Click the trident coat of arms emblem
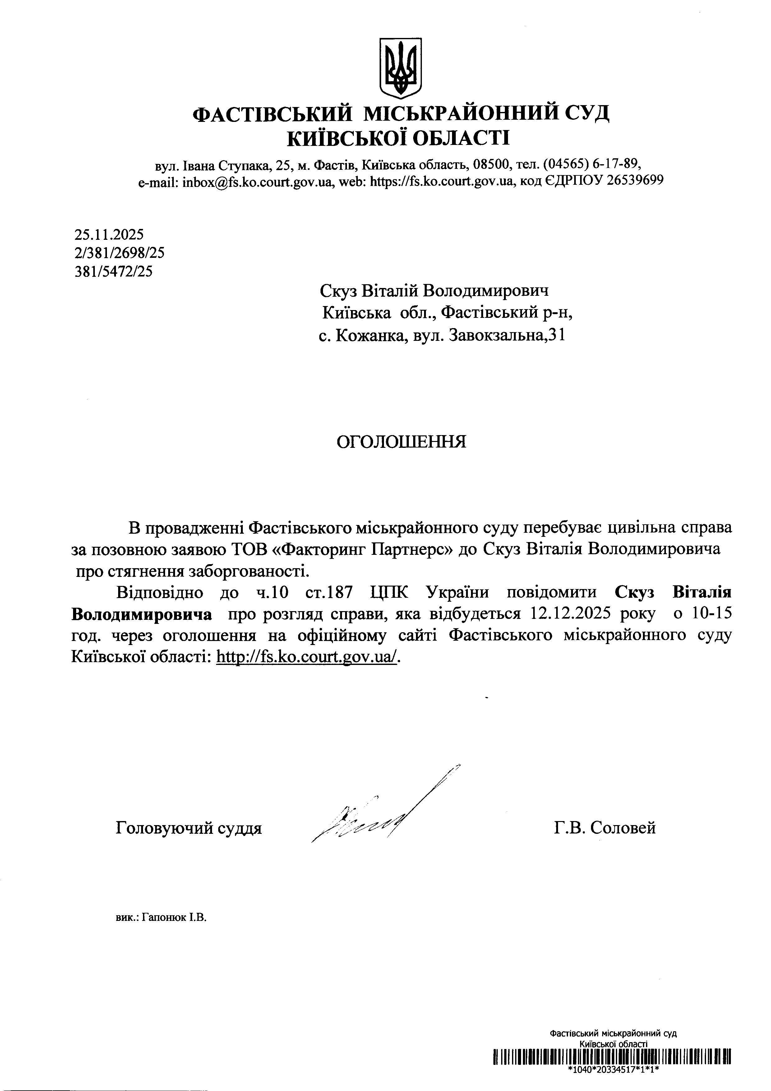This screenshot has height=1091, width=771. click(x=400, y=67)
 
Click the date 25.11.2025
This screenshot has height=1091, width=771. click(x=109, y=234)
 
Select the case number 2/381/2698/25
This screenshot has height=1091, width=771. click(x=119, y=253)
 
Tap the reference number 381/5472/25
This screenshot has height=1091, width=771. click(x=113, y=271)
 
